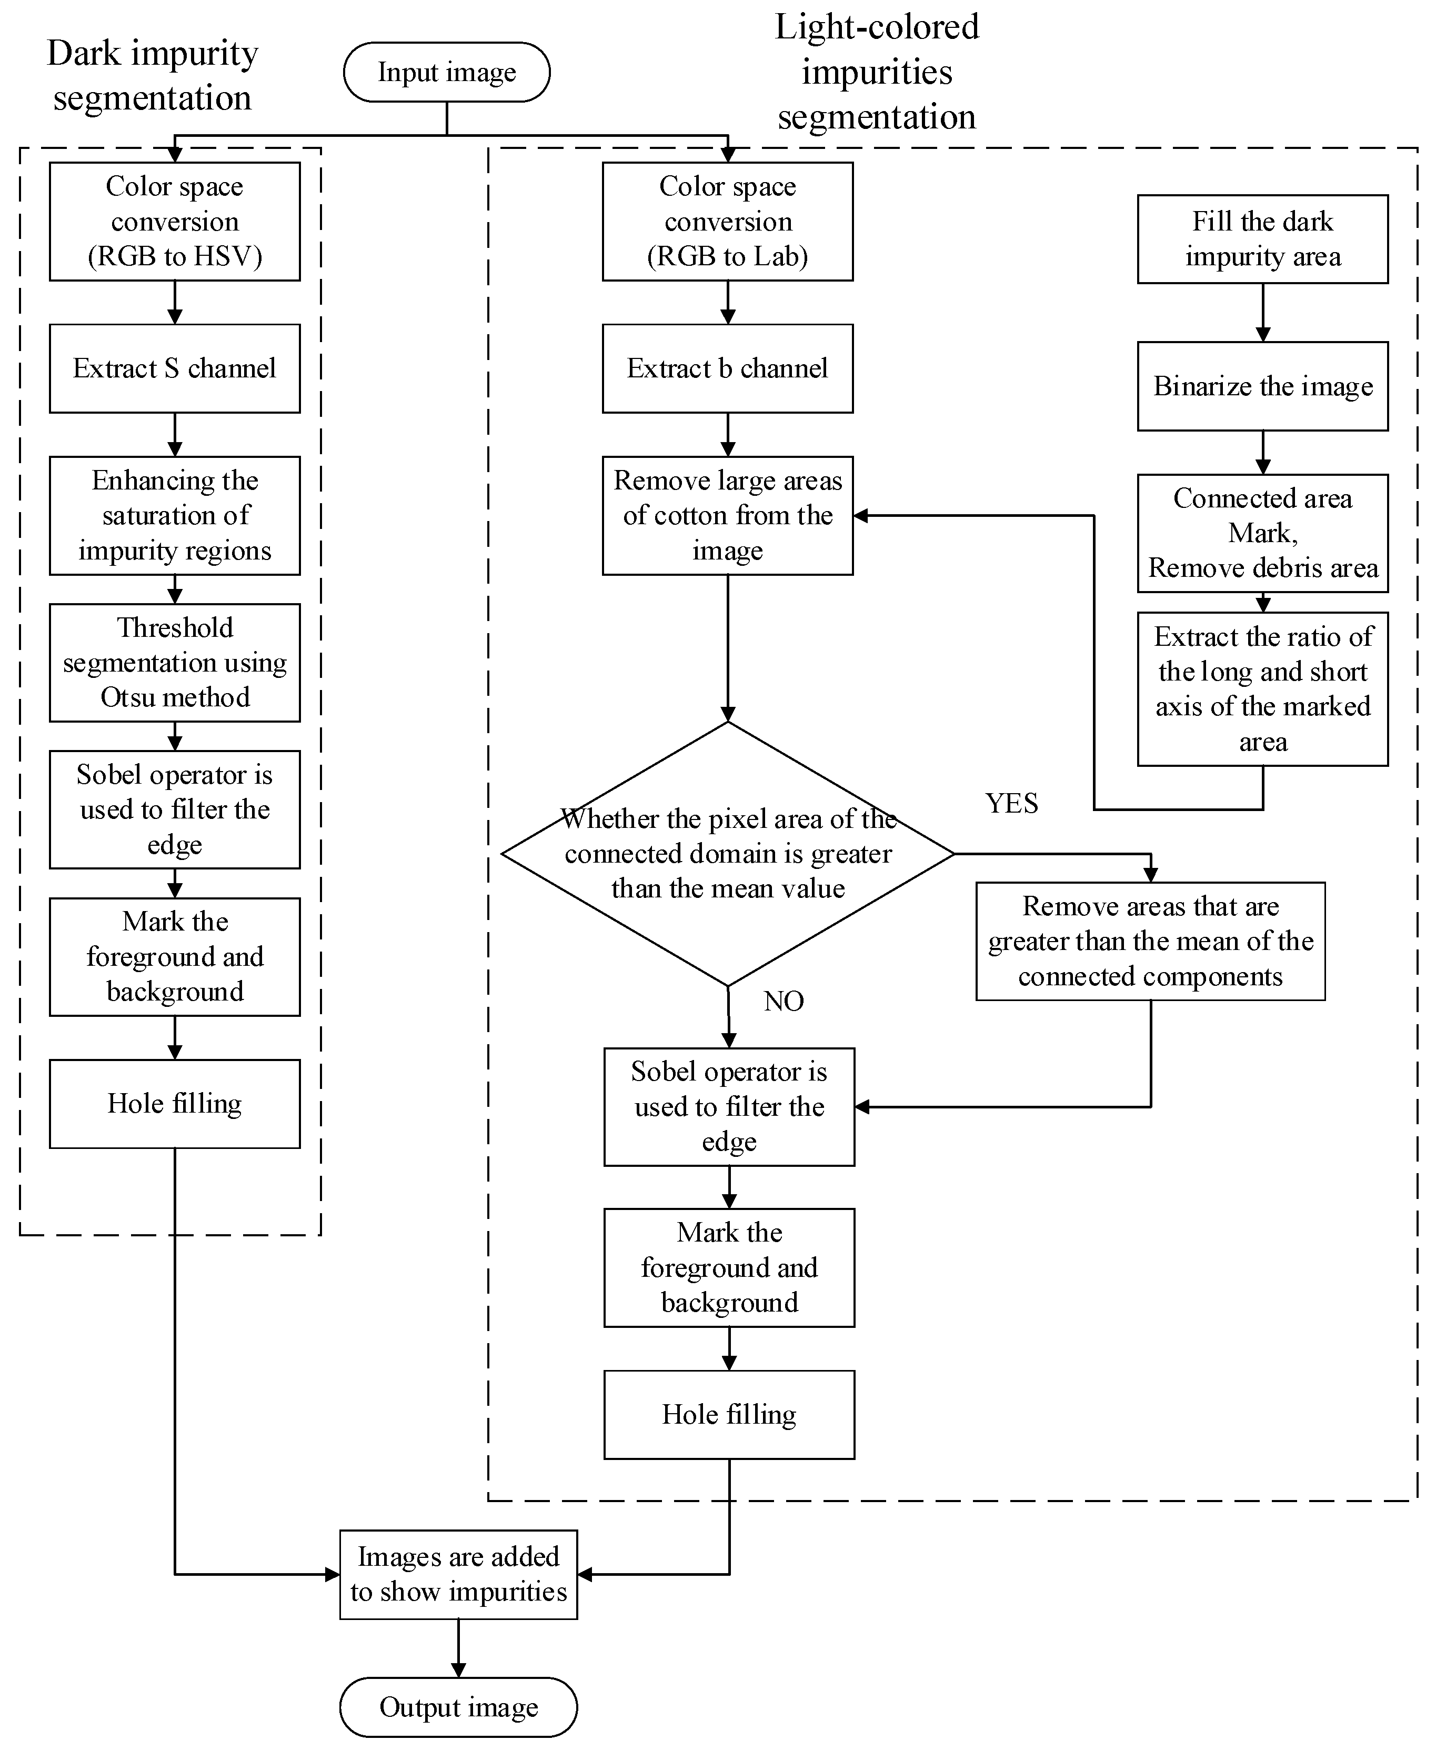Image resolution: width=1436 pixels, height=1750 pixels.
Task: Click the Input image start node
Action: point(447,72)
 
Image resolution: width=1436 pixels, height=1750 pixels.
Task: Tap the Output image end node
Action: point(458,1706)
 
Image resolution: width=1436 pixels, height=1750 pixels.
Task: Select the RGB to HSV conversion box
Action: point(175,221)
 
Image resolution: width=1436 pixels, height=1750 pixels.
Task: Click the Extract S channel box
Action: point(175,368)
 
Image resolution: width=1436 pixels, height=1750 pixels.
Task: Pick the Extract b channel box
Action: point(727,368)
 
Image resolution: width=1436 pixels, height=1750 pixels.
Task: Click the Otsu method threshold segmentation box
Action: point(175,662)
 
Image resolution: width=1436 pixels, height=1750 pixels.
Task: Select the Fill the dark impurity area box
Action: point(1262,239)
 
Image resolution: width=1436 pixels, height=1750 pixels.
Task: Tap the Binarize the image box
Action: point(1262,386)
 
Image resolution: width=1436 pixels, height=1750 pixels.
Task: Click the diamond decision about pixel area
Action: point(727,853)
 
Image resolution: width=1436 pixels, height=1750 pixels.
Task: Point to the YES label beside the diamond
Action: point(1011,803)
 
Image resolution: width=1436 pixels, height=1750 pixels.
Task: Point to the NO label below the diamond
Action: point(784,1001)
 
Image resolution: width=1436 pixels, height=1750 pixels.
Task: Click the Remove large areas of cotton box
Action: point(727,515)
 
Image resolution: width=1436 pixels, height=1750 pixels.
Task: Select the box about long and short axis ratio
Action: point(1262,688)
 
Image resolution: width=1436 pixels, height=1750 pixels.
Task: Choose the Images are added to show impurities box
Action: point(458,1574)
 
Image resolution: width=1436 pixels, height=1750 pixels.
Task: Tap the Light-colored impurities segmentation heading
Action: point(877,72)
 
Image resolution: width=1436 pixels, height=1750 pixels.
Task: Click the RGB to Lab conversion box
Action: point(727,221)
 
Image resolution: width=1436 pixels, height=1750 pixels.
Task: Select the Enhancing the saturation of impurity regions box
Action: point(175,515)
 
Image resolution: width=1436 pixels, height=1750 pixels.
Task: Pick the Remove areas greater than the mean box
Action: point(1150,941)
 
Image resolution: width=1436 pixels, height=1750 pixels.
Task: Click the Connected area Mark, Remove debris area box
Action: point(1262,533)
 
